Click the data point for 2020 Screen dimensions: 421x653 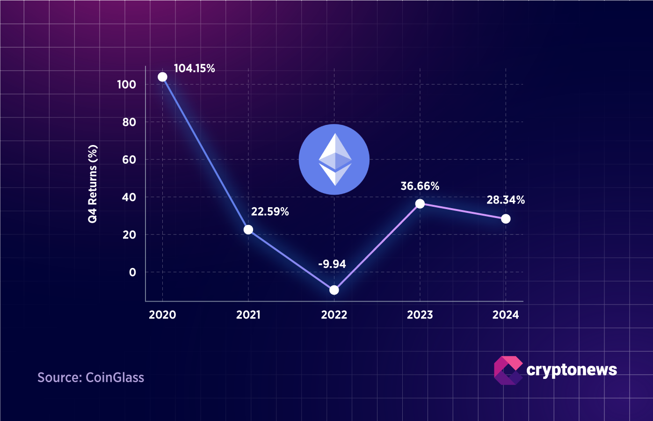pos(162,77)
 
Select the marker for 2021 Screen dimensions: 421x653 pos(248,230)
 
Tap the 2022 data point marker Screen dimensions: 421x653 pos(334,290)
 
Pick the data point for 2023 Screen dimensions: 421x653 pos(420,203)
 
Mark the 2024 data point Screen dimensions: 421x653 pos(506,218)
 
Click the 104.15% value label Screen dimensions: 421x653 pos(194,68)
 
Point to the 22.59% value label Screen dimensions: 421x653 pos(270,211)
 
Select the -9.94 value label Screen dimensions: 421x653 pos(332,264)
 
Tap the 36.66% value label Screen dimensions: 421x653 pos(420,186)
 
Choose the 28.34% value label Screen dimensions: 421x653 pos(506,200)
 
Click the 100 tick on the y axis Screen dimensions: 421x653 pos(126,84)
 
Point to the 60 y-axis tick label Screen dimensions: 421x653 pos(129,160)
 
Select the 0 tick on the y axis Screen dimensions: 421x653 pos(132,272)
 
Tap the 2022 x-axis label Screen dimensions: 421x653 pos(334,315)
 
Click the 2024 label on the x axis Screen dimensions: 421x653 pos(506,315)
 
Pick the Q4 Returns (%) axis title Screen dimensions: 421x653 pos(93,184)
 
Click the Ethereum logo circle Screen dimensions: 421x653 pos(334,160)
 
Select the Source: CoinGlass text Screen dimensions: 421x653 pos(91,377)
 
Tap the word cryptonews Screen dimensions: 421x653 pos(572,370)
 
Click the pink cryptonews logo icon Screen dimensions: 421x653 pos(508,370)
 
